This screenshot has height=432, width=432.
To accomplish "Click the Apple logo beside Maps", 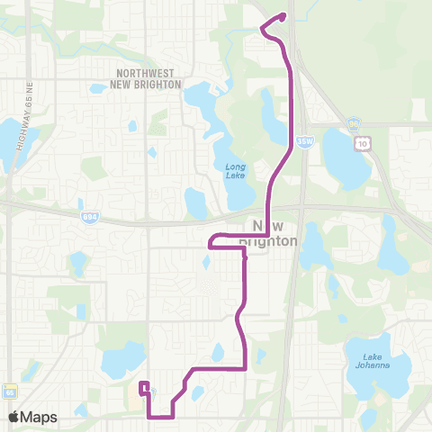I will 14,418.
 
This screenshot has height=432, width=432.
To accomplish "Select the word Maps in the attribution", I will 39,418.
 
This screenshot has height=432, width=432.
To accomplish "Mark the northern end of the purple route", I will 283,14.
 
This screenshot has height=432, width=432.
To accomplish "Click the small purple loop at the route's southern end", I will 143,388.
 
